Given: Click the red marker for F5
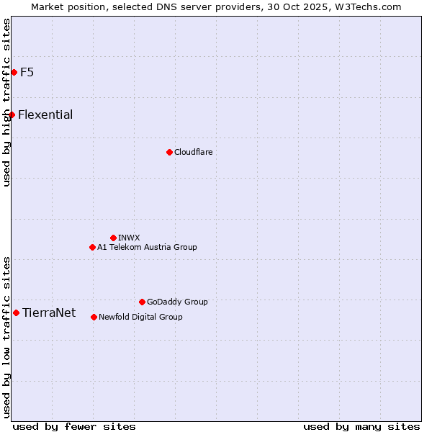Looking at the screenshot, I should coord(14,72).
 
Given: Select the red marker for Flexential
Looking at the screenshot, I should coord(12,114).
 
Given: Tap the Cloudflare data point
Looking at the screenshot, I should coord(169,152).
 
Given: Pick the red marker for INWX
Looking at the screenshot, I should coord(113,238).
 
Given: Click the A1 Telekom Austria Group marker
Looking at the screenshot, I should coord(92,247).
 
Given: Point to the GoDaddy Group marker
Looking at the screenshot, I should coord(142,302).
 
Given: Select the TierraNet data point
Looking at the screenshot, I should coord(16,312).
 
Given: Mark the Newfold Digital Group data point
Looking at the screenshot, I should coord(94,317).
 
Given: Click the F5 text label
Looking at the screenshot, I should coord(27,72).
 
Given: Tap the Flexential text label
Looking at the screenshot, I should coord(45,114).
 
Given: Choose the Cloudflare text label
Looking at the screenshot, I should coord(193,152).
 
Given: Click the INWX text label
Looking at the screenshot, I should coord(129,238).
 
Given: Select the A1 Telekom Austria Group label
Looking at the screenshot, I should coord(147,247).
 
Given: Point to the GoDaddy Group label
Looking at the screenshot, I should coord(177,302).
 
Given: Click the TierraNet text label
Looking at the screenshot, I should coord(49,312).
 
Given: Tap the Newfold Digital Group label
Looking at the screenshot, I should coord(140,317).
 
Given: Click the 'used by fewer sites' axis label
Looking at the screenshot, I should coord(74,426).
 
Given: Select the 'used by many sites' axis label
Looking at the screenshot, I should coord(361,426).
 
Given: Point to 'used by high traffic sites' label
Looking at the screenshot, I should coord(6,102).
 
